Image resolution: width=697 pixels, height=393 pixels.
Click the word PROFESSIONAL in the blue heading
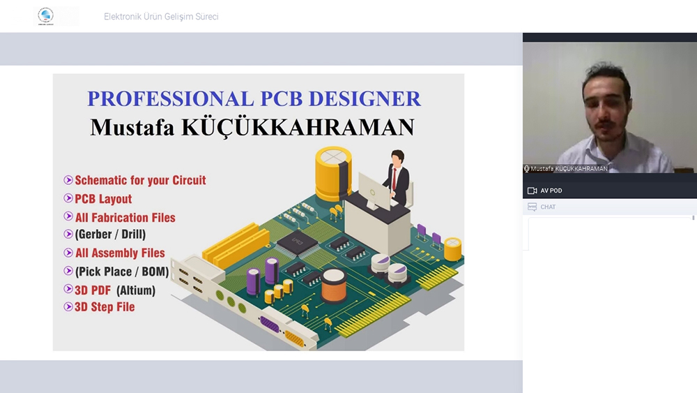click(x=171, y=99)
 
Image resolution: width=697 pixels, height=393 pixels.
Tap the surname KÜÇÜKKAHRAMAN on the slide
click(x=298, y=128)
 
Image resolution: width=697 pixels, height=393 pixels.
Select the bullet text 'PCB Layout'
click(x=103, y=199)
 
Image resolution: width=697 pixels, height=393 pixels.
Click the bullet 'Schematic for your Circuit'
click(x=140, y=180)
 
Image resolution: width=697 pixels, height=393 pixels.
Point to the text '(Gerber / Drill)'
click(x=110, y=234)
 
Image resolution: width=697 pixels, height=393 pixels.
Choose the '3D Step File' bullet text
click(x=105, y=307)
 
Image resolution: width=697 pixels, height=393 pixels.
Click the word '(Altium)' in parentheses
click(x=136, y=290)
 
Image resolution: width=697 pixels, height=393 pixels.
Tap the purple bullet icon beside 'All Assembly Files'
click(x=68, y=253)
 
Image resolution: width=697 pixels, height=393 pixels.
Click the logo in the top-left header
click(x=45, y=16)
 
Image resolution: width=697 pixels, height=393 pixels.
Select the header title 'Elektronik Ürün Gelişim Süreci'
click(x=161, y=17)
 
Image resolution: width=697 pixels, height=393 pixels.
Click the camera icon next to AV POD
click(x=532, y=191)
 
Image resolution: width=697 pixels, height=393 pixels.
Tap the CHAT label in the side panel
click(x=548, y=207)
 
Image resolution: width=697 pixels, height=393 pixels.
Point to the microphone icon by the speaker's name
click(x=527, y=169)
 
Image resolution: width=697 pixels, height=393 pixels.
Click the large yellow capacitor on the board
click(x=333, y=174)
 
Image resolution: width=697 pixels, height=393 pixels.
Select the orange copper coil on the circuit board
click(x=334, y=286)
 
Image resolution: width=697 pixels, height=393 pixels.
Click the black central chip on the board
click(x=298, y=243)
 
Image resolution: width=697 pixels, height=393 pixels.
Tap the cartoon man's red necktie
click(x=394, y=179)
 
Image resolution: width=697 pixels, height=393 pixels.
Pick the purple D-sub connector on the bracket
click(x=269, y=325)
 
